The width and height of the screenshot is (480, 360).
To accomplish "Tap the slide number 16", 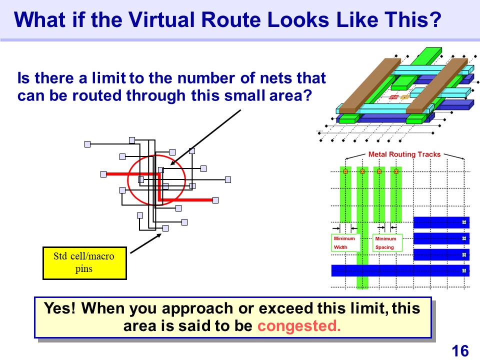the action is click(x=460, y=351).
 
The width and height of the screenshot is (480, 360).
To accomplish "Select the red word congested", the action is click(x=299, y=325).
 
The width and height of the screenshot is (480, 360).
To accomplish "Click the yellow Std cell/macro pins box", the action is click(x=84, y=263).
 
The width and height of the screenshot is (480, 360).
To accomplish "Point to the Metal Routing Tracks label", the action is click(x=404, y=154).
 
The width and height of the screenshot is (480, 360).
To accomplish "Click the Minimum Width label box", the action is click(x=345, y=243).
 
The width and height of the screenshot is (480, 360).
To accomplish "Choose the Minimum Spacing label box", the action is click(x=387, y=243).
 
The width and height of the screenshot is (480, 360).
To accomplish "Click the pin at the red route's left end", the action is click(x=103, y=174).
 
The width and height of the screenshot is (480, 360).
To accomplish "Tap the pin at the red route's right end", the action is click(x=215, y=200).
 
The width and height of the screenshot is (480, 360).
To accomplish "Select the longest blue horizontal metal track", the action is click(x=400, y=270).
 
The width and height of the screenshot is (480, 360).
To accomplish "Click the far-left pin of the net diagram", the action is click(x=87, y=144).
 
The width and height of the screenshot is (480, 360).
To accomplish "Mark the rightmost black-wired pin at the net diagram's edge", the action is click(x=228, y=179).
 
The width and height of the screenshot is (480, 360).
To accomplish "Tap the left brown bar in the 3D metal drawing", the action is click(x=369, y=85).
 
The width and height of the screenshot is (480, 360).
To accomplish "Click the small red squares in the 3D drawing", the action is click(x=393, y=97).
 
